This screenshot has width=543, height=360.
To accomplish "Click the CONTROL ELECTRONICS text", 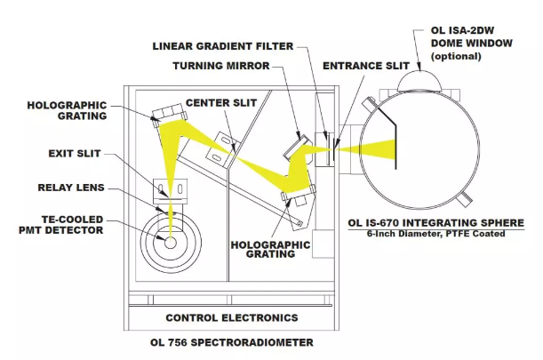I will tap(232, 317).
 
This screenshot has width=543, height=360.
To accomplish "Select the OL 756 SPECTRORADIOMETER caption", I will tap(232, 342).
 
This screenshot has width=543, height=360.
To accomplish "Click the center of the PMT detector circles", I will tap(169, 240).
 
